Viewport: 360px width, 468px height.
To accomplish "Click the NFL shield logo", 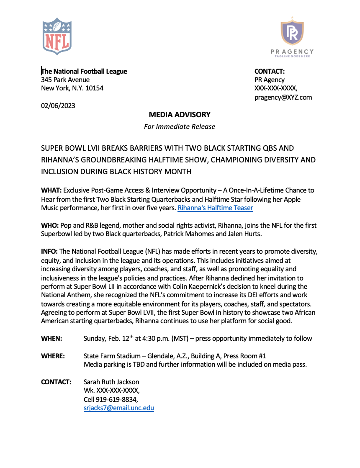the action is (x=57, y=36).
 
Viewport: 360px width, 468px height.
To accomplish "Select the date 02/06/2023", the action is (x=58, y=105).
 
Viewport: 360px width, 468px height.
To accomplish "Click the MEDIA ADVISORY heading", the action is (x=180, y=114).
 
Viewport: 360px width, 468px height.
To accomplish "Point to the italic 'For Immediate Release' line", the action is (x=180, y=126).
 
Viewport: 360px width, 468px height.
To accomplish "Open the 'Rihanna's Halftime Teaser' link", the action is (x=215, y=208).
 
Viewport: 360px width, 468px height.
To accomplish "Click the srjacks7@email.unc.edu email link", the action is (x=119, y=408).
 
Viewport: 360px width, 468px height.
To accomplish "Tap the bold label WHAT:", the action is (x=50, y=190).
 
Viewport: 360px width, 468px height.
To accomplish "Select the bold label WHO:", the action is (x=49, y=225).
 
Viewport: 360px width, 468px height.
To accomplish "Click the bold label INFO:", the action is (x=49, y=251).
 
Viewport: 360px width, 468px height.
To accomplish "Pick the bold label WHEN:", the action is (x=51, y=338).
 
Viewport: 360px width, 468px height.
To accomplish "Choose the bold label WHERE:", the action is (x=53, y=356).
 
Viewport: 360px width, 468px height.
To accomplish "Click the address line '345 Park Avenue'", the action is (x=65, y=80).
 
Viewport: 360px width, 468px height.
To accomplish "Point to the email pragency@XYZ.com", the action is (x=283, y=97).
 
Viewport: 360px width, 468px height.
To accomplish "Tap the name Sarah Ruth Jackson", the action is (x=111, y=382).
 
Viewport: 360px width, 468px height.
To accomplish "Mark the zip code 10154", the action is (x=93, y=88).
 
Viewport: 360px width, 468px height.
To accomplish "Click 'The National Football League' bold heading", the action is (x=84, y=71).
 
